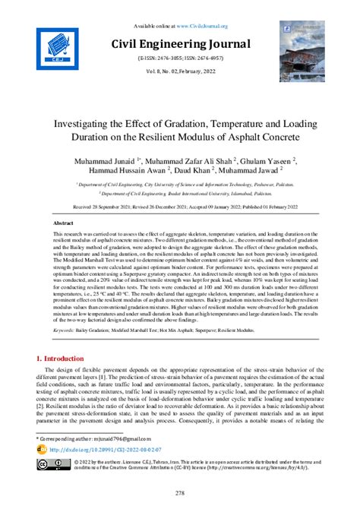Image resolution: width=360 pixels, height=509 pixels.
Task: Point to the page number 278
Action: tap(180, 493)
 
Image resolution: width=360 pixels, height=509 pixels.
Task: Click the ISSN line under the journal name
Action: tap(180, 58)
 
